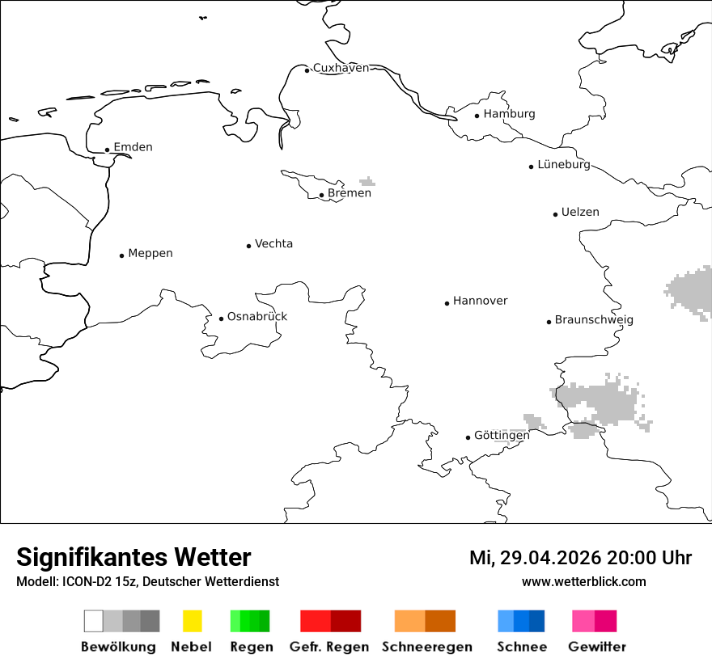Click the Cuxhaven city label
click(341, 68)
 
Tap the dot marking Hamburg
click(477, 116)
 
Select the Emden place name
click(133, 147)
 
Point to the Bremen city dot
click(321, 195)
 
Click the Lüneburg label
click(564, 164)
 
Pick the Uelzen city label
click(580, 212)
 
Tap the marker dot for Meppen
click(121, 255)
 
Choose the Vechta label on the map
click(273, 243)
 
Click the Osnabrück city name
click(257, 316)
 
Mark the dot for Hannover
click(447, 303)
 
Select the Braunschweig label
click(594, 319)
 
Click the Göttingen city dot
click(468, 437)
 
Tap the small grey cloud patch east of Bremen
click(367, 181)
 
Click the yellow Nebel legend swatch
click(192, 621)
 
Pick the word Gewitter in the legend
click(596, 647)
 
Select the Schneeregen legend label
click(427, 647)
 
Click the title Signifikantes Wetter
click(133, 557)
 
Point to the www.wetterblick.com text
click(583, 581)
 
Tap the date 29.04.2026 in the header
click(550, 558)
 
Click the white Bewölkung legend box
click(93, 621)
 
